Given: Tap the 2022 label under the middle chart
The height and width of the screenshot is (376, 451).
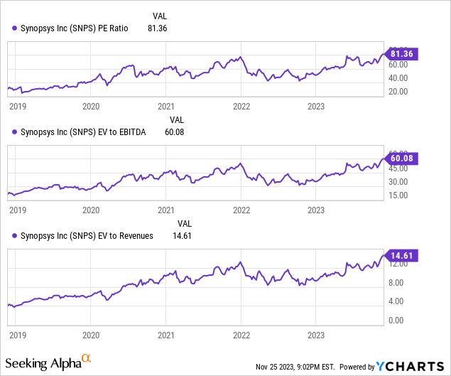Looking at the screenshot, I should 241,210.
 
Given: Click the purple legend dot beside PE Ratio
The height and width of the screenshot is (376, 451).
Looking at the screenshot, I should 14,28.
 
